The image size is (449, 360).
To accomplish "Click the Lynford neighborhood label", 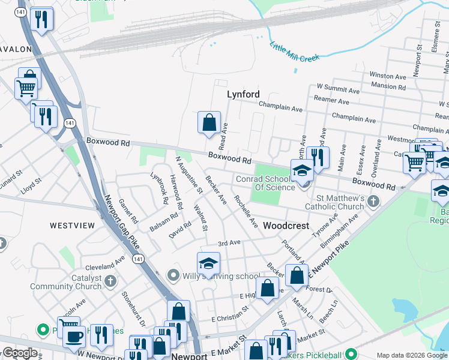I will coord(243,94).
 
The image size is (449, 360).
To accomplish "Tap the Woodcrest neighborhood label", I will coord(286,226).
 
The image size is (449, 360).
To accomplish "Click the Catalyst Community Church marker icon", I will coord(110,280).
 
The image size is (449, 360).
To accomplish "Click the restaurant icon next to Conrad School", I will coord(318,157).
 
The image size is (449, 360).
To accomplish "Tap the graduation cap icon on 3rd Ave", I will coord(208,263).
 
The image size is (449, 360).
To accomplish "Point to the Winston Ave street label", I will coord(389,76).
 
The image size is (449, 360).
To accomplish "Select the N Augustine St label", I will coord(190,175).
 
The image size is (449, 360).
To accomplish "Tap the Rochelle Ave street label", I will coord(246,211).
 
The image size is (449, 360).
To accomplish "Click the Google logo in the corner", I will coord(20,353).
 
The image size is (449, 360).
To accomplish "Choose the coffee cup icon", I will coord(73,337).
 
